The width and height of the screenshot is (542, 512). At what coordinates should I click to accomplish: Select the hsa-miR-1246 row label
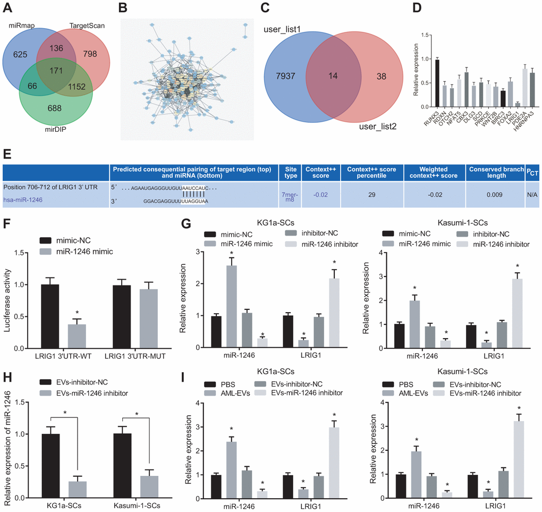tap(22, 200)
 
